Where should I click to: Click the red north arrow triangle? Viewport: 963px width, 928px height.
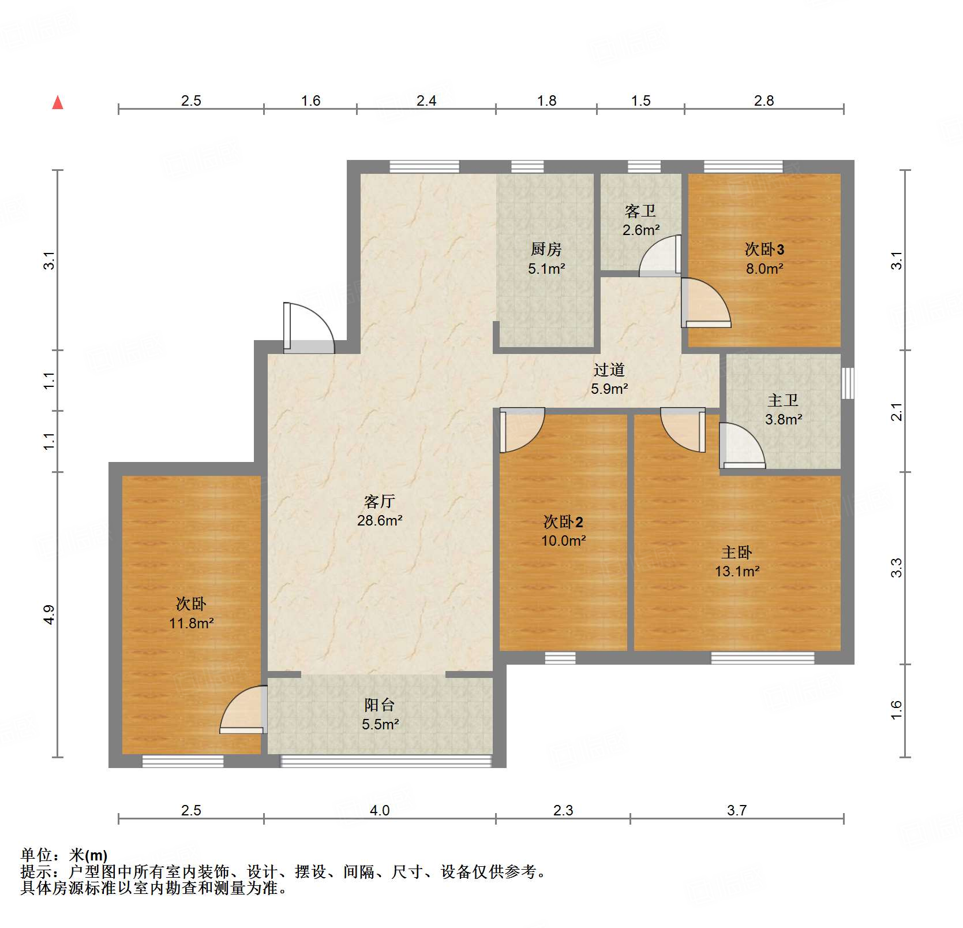[58, 103]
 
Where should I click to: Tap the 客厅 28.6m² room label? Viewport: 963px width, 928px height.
[379, 510]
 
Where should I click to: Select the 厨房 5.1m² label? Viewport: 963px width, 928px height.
[546, 258]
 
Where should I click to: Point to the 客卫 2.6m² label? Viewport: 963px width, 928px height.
[640, 220]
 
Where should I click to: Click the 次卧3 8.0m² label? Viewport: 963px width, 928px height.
[764, 258]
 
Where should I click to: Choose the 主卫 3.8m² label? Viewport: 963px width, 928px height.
[783, 409]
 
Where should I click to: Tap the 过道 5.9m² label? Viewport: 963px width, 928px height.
[609, 379]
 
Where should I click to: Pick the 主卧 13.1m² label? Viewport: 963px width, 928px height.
[737, 561]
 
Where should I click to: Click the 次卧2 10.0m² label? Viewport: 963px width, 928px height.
[563, 531]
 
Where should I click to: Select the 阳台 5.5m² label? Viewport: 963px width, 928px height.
[380, 714]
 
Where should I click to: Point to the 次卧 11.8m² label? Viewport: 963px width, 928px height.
[191, 613]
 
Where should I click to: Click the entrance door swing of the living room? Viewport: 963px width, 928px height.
[309, 328]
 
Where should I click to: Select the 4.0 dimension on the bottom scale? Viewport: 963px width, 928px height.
[380, 810]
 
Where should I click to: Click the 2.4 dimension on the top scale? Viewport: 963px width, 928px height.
[426, 100]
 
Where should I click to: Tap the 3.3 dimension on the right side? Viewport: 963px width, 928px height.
[896, 568]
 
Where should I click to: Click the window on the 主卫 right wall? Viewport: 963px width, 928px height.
[847, 383]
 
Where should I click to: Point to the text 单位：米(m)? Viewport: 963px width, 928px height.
[64, 855]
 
